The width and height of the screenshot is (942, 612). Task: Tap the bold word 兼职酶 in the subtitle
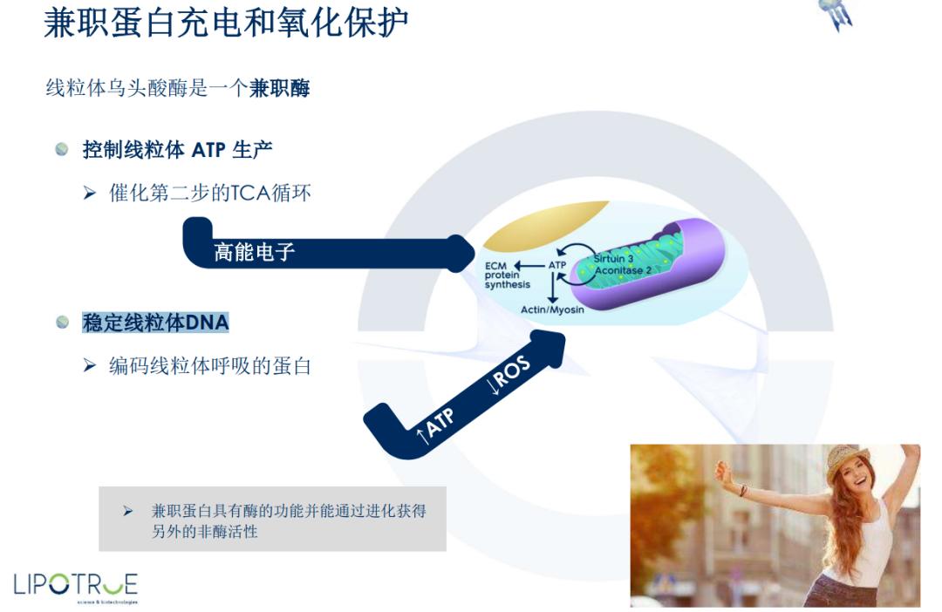tap(279, 88)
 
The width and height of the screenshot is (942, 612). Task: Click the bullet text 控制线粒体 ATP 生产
tap(177, 150)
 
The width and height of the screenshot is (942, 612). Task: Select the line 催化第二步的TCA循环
tap(209, 193)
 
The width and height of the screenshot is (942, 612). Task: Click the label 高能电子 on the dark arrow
tap(255, 253)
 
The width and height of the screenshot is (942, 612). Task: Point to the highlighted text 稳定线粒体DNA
tap(155, 323)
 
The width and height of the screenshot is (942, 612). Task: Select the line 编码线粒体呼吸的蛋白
tap(209, 366)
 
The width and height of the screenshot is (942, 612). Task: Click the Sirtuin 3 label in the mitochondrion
tap(614, 259)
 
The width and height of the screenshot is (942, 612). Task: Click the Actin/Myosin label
tap(552, 309)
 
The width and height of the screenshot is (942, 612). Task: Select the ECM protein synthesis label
tap(507, 275)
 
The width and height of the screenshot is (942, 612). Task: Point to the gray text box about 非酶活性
tap(272, 520)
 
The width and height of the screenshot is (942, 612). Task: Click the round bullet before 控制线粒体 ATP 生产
tap(62, 150)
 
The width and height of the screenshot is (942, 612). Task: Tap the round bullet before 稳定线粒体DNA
tap(62, 323)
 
